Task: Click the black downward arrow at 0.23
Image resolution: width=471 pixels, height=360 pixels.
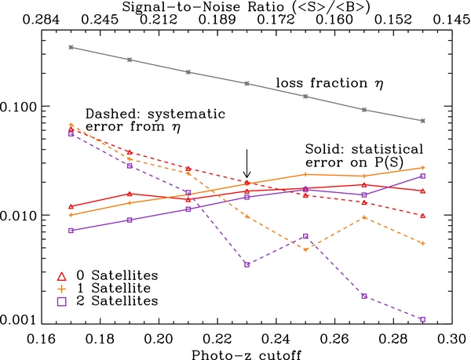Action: [x=246, y=165]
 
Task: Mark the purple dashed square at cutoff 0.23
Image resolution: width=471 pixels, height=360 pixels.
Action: [x=246, y=264]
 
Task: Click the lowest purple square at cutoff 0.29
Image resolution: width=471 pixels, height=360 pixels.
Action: [x=422, y=319]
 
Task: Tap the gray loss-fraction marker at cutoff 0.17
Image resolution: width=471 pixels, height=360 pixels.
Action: [x=71, y=47]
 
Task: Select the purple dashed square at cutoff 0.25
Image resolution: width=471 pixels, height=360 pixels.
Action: [x=305, y=236]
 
